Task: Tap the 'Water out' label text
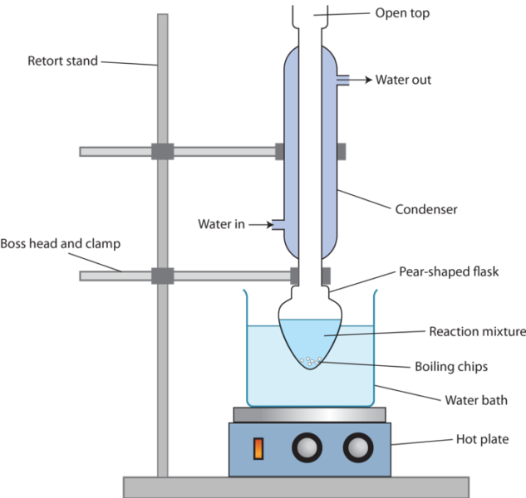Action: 403,81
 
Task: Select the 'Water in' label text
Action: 220,224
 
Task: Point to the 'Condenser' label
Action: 426,210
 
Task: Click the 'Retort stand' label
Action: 62,60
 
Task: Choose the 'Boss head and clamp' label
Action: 60,244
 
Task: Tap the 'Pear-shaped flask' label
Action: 448,271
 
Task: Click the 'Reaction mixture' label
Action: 476,332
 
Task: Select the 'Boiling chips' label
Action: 451,366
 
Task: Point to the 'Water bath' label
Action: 475,400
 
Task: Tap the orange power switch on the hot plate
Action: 258,448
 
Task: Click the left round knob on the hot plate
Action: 306,447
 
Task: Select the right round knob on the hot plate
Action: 357,447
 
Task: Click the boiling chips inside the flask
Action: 311,361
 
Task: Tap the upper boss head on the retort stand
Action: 162,152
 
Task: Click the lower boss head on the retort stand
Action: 162,275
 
